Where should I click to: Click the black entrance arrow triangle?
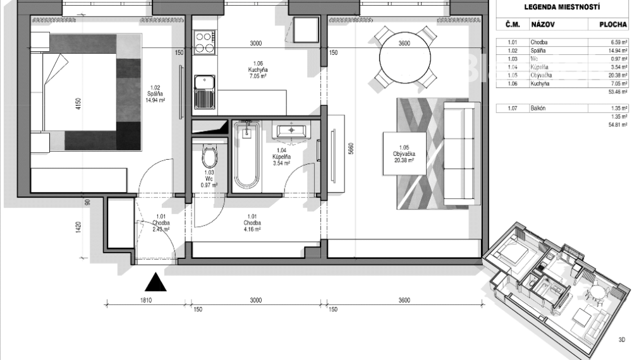point(157,282)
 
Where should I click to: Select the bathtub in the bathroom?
point(246,155)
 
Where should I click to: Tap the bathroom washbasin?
point(291,131)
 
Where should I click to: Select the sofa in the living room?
point(457,154)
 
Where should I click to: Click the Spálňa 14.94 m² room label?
point(155,94)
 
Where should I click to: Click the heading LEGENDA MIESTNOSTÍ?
point(562,8)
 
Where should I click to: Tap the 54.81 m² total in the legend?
point(618,125)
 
